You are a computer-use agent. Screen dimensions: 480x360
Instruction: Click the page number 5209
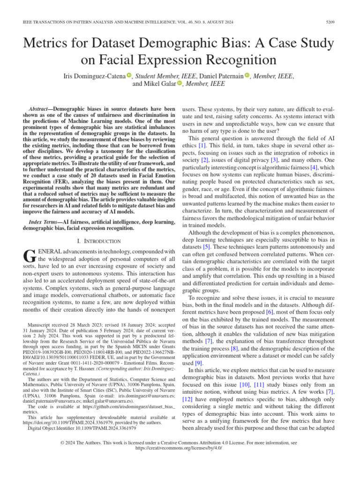pos(330,22)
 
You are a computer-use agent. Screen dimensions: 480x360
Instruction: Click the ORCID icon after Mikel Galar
pos(179,84)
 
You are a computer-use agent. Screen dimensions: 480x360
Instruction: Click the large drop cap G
pos(29,256)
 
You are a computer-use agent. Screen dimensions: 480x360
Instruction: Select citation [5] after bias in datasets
pos(206,246)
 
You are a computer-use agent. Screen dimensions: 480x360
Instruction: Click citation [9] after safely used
pos(199,363)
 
